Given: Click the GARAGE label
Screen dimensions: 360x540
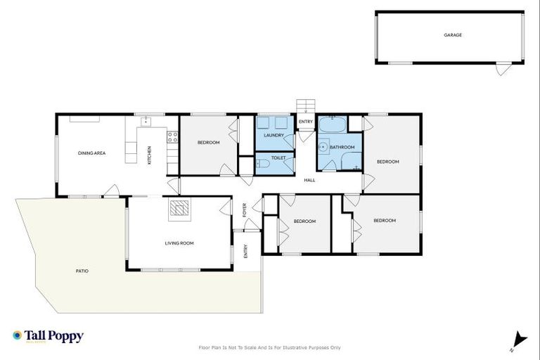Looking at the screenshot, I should [x=453, y=34].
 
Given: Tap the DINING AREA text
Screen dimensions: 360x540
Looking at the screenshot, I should [x=91, y=153].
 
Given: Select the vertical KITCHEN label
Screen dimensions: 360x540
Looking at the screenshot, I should [x=149, y=155].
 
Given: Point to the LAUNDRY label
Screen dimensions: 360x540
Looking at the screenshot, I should [x=274, y=135].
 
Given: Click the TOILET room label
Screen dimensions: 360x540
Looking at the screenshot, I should [x=278, y=158].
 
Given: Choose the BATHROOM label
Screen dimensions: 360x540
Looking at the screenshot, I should [x=342, y=147].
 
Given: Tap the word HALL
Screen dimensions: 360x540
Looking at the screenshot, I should [x=309, y=181].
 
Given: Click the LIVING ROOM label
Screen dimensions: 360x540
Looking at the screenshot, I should [x=179, y=243].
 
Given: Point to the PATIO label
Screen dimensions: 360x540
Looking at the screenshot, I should [x=82, y=271].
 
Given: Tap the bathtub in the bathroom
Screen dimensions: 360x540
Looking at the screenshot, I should [x=331, y=127].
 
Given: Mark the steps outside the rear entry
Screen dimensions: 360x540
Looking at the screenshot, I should [x=305, y=106].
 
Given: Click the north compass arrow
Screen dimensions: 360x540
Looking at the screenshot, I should [x=519, y=339].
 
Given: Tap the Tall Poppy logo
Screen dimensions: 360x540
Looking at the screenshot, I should [x=48, y=336].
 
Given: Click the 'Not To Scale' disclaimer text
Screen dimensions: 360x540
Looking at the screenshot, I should [x=270, y=347].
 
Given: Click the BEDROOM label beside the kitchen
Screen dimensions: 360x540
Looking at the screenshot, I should [x=208, y=143].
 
